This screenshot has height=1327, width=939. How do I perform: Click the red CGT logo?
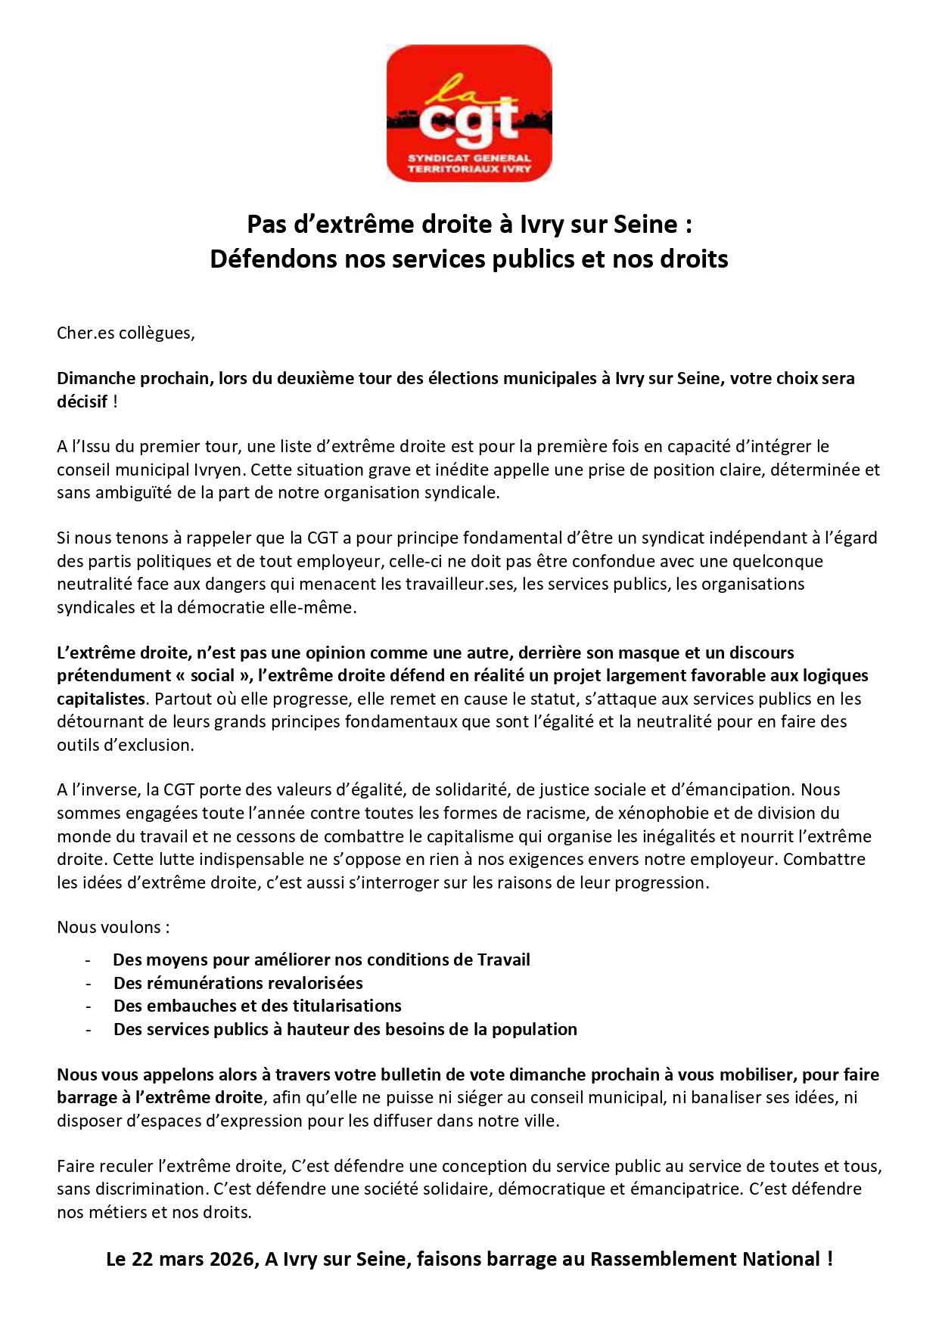coord(469,113)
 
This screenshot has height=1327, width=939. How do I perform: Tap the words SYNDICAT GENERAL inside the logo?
coord(469,158)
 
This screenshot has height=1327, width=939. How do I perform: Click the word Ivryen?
coord(219,470)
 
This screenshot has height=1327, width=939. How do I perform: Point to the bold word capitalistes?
coord(101,699)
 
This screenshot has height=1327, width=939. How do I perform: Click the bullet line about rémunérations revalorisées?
coord(238,983)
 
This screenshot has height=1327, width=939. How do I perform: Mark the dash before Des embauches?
coord(89,1006)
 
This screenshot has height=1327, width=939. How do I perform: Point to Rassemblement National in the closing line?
coord(704,1260)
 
